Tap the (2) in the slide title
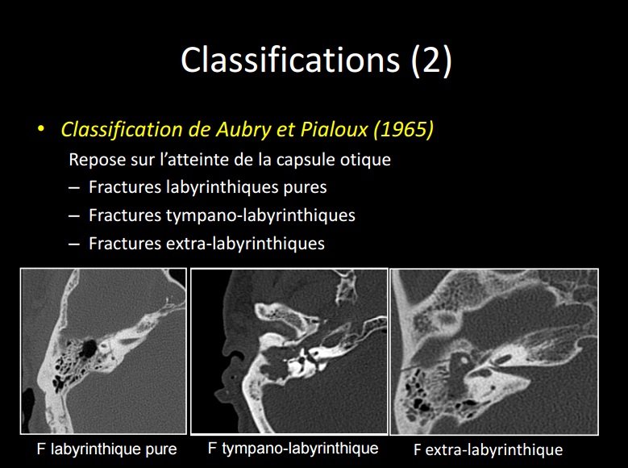431,61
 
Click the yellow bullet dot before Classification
40,130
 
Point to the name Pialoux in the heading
326,129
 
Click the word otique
364,160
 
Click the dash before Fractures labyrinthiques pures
74,188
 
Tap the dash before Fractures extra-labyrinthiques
74,243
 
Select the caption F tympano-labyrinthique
293,449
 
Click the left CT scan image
103,351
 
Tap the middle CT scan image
289,351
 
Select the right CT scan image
494,351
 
